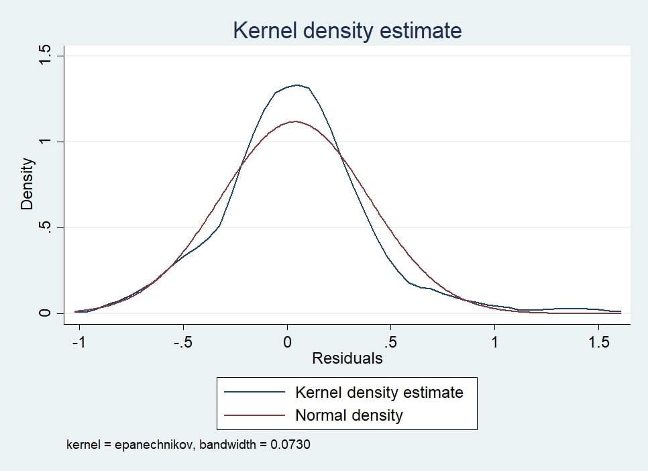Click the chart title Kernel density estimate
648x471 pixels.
(x=347, y=30)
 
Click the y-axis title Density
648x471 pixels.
(x=27, y=183)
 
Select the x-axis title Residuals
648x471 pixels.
(x=347, y=358)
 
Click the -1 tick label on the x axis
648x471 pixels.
(x=79, y=342)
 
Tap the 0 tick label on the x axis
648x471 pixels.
(x=287, y=342)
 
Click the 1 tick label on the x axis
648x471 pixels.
(x=494, y=342)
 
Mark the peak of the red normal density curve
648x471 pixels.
(x=294, y=121)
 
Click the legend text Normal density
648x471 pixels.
(x=349, y=415)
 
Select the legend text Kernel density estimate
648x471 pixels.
(x=379, y=392)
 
